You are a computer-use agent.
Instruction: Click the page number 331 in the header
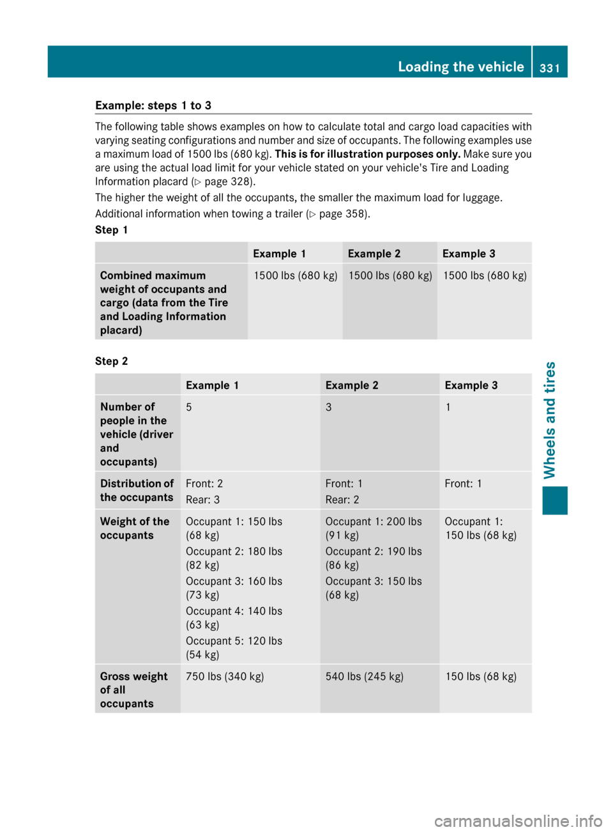pos(549,68)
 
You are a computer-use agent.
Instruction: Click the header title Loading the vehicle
pos(460,67)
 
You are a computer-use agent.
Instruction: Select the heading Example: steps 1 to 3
pos(153,105)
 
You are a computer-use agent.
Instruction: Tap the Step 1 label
pos(111,230)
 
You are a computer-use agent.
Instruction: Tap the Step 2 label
pos(111,361)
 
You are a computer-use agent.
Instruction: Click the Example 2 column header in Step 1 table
pos(374,254)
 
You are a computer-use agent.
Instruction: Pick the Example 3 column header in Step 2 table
pos(471,385)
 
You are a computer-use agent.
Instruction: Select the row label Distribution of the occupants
pos(137,490)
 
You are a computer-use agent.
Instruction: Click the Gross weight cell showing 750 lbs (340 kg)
pos(225,676)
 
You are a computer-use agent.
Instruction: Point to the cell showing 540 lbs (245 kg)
pos(364,676)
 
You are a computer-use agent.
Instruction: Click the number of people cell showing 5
pos(189,407)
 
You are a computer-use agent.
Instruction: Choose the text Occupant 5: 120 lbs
pos(234,641)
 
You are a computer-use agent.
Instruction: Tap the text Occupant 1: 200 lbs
pos(374,521)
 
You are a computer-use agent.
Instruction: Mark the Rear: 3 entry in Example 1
pos(202,500)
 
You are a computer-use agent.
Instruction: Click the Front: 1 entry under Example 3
pos(463,484)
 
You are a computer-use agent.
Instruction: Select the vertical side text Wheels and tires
pos(550,420)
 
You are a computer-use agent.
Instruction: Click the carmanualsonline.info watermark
pos(518,820)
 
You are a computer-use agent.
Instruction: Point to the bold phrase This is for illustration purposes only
pos(367,154)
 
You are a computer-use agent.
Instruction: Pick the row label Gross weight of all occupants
pos(133,689)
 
